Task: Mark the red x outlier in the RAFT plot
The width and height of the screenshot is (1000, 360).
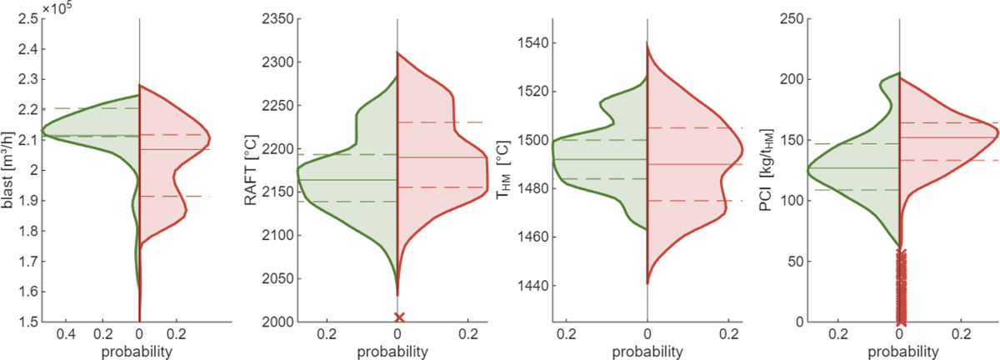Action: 398,317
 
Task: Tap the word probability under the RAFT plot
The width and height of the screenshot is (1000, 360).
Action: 397,351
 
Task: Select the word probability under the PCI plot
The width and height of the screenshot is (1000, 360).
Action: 900,351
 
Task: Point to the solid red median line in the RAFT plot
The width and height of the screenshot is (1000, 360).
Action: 442,157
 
